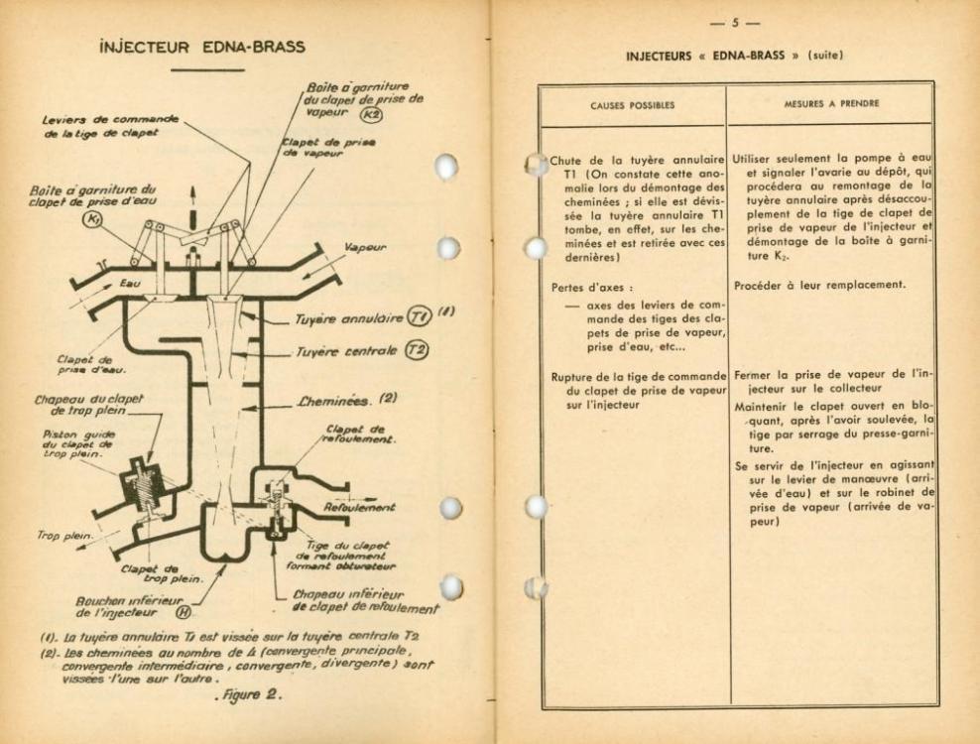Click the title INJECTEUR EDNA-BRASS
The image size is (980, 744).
(x=207, y=47)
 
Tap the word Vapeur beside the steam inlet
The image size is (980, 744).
(x=366, y=250)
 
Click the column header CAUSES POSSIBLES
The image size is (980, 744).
(x=632, y=103)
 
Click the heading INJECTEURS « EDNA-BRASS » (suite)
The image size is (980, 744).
(x=735, y=54)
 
